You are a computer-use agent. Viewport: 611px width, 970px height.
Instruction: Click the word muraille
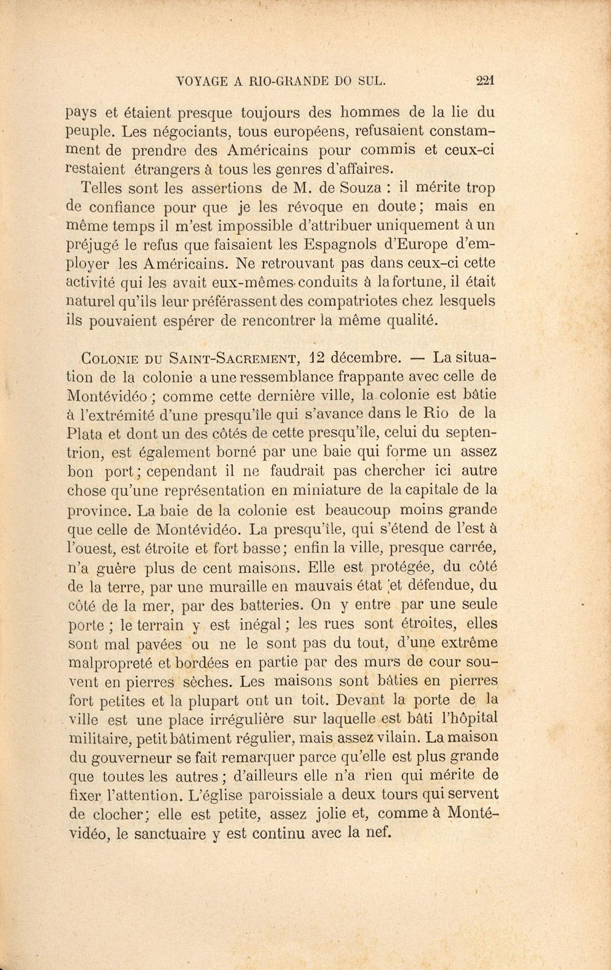point(251,586)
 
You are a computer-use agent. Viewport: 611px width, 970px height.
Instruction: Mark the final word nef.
point(381,832)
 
